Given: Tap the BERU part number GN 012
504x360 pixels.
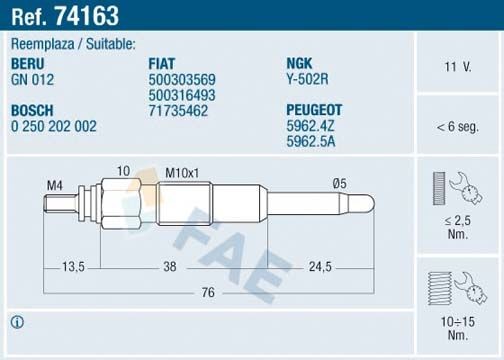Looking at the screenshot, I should click(x=32, y=77).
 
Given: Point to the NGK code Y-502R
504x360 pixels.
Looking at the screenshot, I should click(x=307, y=77).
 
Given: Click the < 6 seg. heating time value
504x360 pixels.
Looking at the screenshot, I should click(x=459, y=127).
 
